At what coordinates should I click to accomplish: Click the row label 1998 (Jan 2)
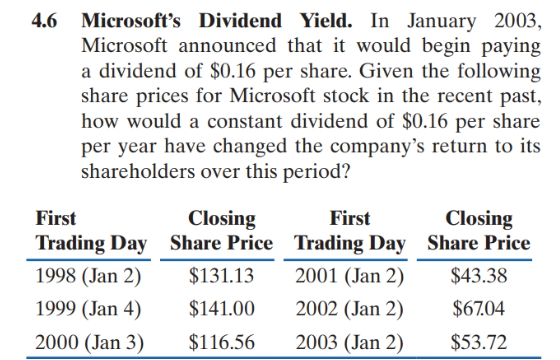84,276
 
